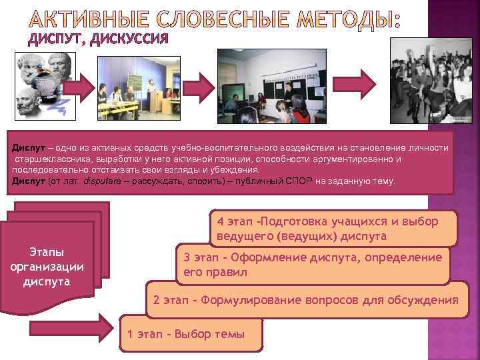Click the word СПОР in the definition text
(x=299, y=181)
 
